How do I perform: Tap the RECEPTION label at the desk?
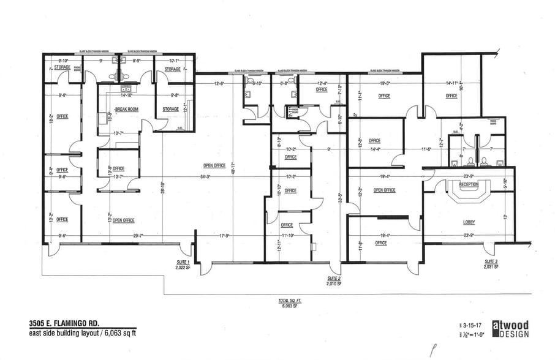click(x=469, y=184)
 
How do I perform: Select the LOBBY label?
click(x=469, y=223)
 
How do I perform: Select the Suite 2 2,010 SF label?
click(x=333, y=282)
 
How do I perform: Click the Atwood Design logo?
click(x=510, y=329)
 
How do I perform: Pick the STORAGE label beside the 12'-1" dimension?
click(x=170, y=110)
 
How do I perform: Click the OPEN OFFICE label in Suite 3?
click(x=384, y=190)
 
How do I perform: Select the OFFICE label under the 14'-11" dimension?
click(x=451, y=96)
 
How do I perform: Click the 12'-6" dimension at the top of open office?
click(x=219, y=83)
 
